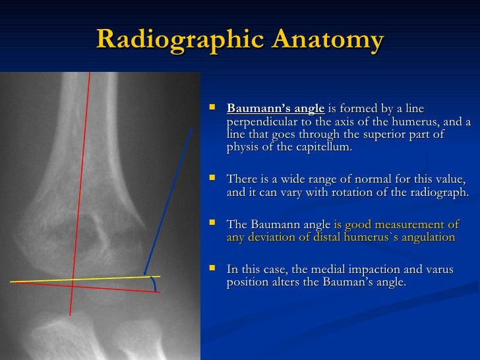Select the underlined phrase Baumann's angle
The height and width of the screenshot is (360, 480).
click(276, 109)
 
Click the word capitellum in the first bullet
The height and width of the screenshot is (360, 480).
click(326, 147)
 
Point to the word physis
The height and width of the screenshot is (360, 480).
click(243, 147)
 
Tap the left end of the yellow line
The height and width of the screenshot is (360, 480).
click(11, 282)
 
